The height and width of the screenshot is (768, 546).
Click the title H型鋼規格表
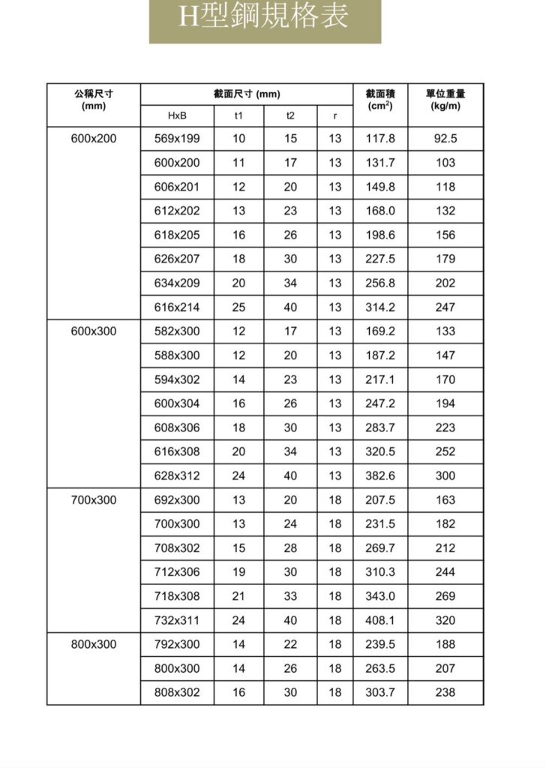[265, 16]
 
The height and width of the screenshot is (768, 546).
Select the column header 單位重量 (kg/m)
[445, 100]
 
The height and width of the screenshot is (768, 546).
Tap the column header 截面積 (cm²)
[380, 100]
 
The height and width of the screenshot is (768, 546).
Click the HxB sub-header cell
[177, 115]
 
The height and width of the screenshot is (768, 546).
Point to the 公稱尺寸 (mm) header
[94, 100]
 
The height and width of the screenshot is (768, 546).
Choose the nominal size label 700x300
[94, 499]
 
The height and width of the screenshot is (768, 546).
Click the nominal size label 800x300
[94, 644]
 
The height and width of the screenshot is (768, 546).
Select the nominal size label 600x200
[94, 138]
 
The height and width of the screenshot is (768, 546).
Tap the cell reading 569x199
[177, 138]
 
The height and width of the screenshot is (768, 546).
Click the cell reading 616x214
[177, 307]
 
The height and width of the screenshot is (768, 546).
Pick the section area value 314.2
[380, 307]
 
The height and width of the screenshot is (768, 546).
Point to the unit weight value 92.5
[445, 138]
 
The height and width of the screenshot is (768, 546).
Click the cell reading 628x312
[177, 475]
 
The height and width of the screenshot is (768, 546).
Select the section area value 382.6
[380, 475]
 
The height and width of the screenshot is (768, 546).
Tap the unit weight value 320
[445, 620]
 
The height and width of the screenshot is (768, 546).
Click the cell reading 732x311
[177, 620]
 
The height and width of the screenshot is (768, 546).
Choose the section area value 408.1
[380, 620]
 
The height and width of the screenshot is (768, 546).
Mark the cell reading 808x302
[177, 692]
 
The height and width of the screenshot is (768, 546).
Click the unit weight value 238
[445, 692]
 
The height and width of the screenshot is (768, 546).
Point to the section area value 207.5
[380, 499]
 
